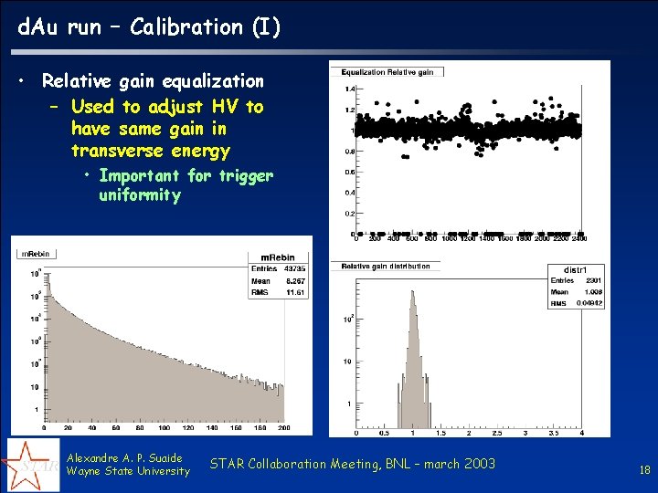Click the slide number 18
644,470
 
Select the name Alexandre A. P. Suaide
125,457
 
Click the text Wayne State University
129,471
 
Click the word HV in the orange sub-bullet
225,107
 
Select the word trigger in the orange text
246,175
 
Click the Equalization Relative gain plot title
387,72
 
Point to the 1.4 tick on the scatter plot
350,89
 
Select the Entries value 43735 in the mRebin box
294,268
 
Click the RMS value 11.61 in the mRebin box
294,293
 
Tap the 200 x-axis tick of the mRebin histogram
284,427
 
